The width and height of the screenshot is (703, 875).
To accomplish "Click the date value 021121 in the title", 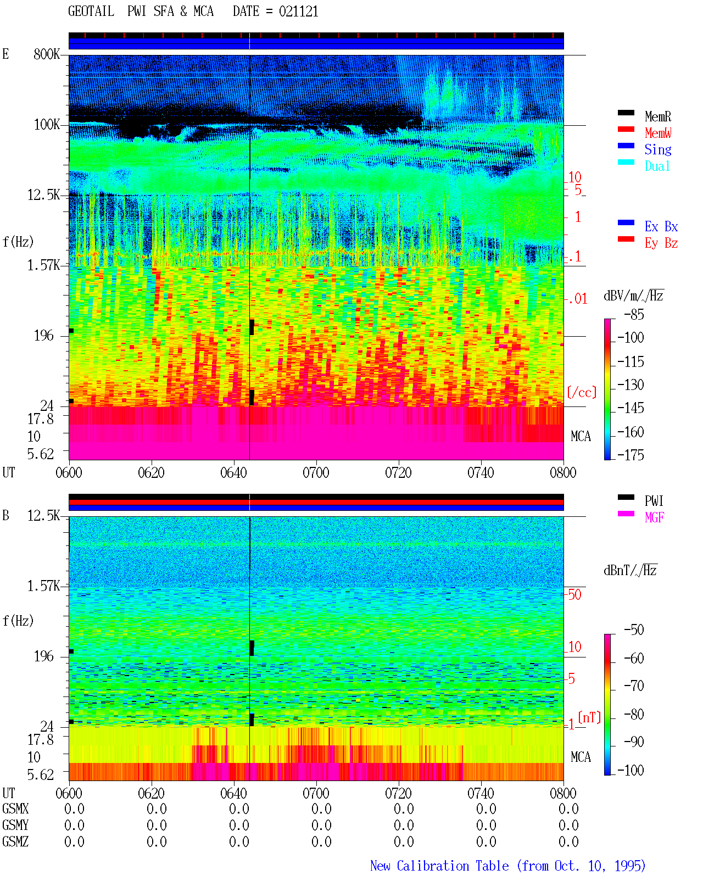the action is (x=298, y=12).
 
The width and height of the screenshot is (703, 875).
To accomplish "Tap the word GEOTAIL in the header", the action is (x=91, y=12).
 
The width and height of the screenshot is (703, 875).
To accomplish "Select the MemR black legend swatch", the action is (x=626, y=113).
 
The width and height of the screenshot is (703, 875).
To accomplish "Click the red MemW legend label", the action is (x=658, y=133).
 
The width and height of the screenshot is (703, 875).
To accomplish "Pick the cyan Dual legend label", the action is (x=657, y=166).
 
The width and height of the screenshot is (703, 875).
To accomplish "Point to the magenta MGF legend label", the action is (x=654, y=517).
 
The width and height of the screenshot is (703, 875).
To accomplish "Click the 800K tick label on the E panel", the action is (x=47, y=54).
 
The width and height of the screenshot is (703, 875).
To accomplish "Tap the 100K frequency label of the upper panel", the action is (x=47, y=125).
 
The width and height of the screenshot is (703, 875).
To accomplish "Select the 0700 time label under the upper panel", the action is (x=316, y=472).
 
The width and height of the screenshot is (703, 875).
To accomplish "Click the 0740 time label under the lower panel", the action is (x=481, y=793).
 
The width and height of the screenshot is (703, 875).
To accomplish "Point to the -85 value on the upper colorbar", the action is (x=634, y=314).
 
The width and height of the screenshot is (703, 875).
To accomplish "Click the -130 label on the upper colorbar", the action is (x=631, y=384).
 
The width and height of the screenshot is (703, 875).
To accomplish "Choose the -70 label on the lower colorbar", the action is (x=634, y=685).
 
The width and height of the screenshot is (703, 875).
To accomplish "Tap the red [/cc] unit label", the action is (x=582, y=392).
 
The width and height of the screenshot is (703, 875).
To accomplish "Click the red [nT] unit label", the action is (x=589, y=717).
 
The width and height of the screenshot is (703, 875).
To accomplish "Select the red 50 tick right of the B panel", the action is (x=574, y=594).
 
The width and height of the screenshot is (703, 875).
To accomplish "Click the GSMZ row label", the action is (x=15, y=841).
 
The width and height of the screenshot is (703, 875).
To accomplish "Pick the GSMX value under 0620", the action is (x=157, y=809).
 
